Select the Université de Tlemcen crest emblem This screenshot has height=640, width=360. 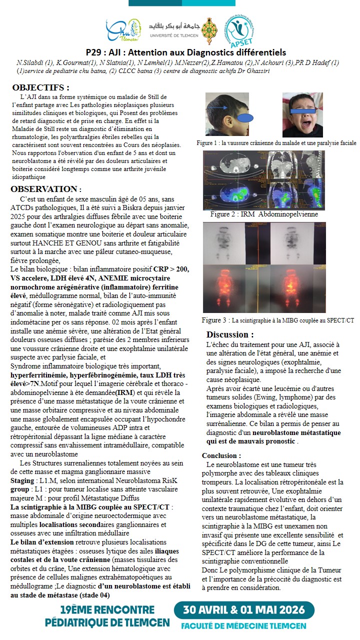(x=209, y=31)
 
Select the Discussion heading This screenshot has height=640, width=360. (x=230, y=334)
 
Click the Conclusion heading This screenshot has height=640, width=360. (x=221, y=455)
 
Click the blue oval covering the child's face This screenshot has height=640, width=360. (x=248, y=118)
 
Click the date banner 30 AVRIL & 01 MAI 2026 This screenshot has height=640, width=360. (x=244, y=610)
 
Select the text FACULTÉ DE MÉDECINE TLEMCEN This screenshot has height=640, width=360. (x=243, y=626)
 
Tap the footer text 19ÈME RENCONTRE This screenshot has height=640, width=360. (x=107, y=610)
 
